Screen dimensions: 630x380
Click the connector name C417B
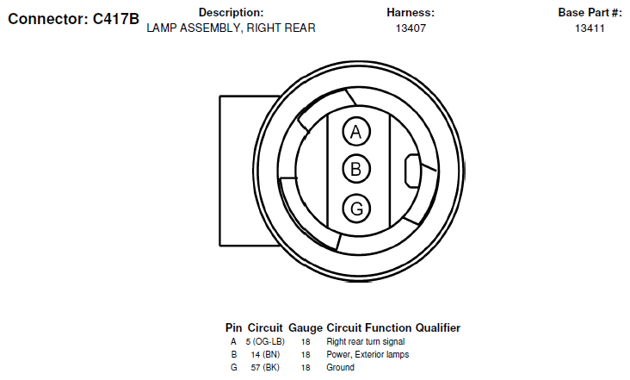pos(115,19)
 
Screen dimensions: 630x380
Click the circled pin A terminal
pos(356,132)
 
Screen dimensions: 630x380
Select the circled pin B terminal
pos(356,169)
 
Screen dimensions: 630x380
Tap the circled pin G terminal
pos(356,209)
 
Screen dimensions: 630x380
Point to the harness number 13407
pos(411,28)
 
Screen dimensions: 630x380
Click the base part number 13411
pos(590,28)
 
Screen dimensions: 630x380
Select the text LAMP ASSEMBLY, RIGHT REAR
pos(231,28)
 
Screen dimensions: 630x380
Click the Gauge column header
pos(306,328)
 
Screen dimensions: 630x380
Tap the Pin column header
pos(234,328)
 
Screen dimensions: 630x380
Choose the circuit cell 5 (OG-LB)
pos(265,342)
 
